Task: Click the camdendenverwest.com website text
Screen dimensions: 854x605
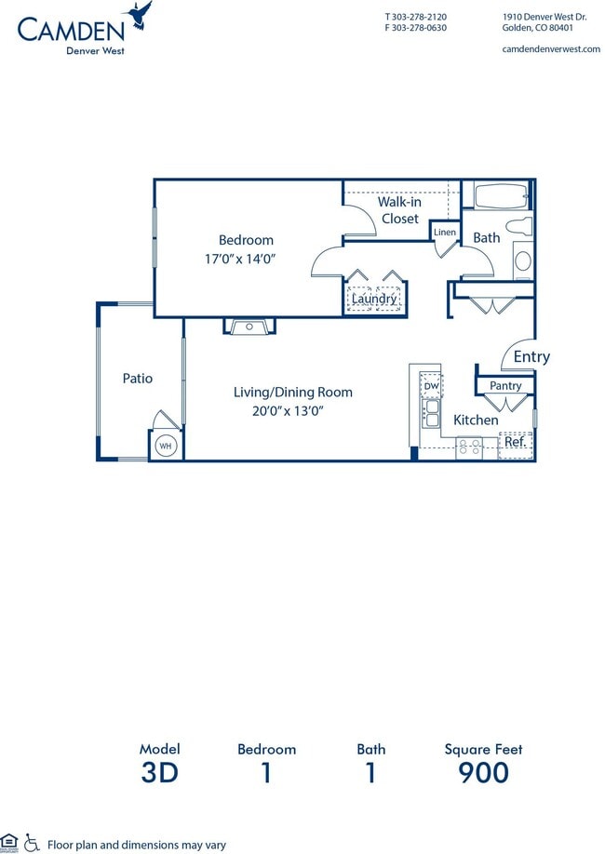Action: point(550,48)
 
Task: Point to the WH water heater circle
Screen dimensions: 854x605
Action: point(166,446)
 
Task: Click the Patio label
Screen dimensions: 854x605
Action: point(138,379)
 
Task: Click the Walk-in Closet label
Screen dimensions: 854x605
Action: point(399,210)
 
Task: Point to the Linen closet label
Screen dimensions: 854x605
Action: point(445,232)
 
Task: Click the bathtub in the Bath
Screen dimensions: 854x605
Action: point(501,195)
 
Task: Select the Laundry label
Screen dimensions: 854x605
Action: point(374,299)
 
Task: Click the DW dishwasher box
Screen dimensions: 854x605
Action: point(431,386)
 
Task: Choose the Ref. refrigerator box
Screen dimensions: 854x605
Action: point(515,443)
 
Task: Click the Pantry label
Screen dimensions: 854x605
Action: point(505,385)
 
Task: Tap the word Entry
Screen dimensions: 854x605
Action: point(531,356)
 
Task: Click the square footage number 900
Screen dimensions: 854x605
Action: point(483,772)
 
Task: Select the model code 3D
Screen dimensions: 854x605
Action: point(159,772)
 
